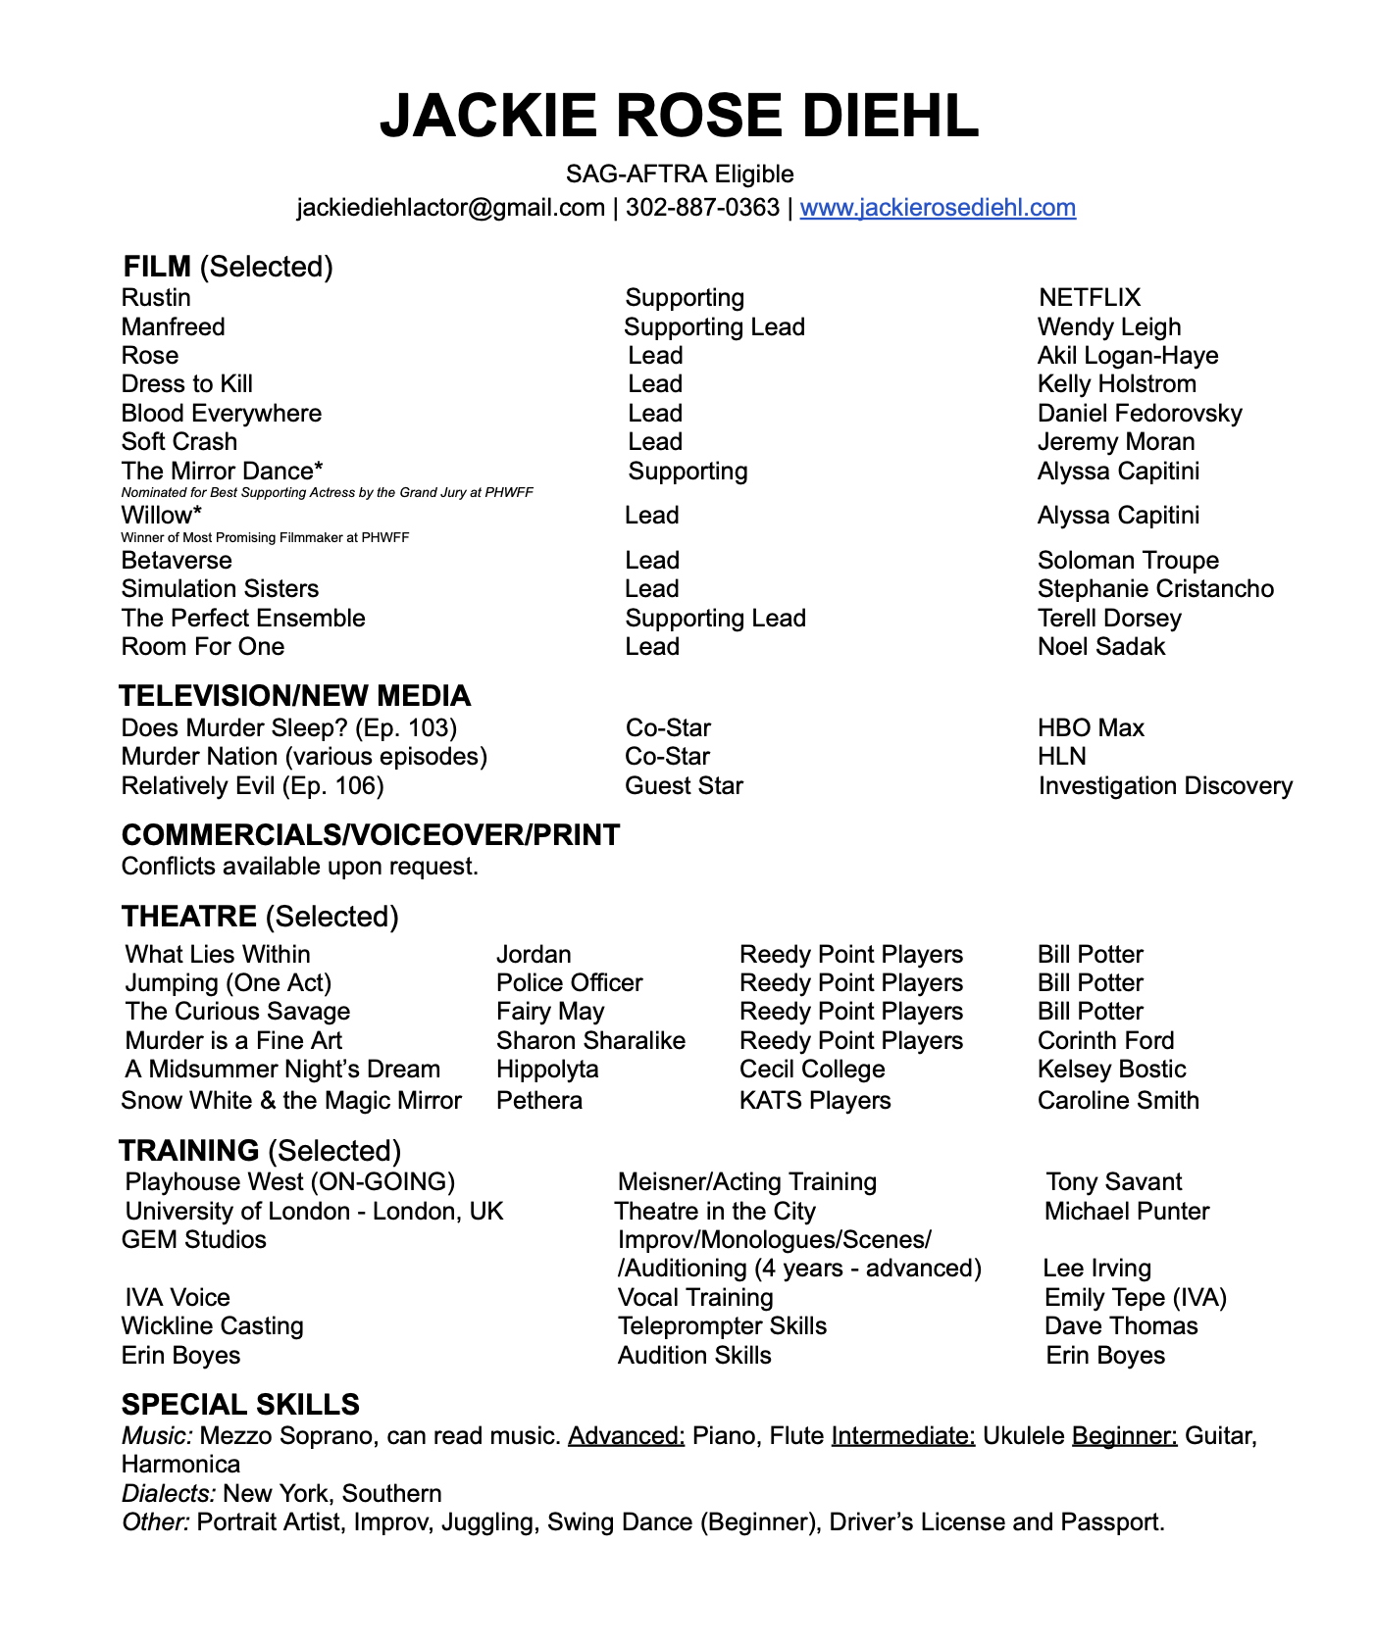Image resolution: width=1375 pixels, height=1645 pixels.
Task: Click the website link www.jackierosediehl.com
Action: (938, 208)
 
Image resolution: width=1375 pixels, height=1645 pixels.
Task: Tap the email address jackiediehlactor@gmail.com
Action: (450, 208)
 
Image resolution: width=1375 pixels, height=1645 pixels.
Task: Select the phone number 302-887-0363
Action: (702, 208)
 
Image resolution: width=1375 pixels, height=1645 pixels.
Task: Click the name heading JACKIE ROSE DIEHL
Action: (679, 116)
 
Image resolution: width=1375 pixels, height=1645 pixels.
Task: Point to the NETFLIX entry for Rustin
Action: (1090, 298)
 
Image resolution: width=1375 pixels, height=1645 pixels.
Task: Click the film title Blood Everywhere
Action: (222, 414)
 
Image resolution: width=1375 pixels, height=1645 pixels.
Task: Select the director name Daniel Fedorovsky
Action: (1140, 414)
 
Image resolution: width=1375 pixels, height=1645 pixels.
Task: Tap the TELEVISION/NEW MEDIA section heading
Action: (294, 696)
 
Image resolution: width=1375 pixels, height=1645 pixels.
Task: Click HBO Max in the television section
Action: (1091, 728)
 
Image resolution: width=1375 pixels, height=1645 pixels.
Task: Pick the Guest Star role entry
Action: (684, 786)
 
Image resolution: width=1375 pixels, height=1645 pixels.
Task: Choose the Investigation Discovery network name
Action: (1165, 786)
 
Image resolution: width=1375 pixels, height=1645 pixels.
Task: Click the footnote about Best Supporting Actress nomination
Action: (327, 492)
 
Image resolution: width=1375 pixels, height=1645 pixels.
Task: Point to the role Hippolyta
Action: (547, 1070)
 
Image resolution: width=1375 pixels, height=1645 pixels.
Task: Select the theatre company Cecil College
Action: (812, 1070)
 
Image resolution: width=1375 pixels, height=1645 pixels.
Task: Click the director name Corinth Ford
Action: (1105, 1041)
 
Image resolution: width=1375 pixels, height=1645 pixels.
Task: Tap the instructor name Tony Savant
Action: (1113, 1182)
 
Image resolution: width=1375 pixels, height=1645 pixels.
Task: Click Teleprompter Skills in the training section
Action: (722, 1326)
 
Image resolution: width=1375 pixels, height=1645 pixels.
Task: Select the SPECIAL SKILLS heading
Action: (240, 1405)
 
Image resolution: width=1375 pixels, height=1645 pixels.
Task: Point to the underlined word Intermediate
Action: (902, 1436)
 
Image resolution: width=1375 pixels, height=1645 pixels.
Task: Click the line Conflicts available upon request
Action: (300, 867)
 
